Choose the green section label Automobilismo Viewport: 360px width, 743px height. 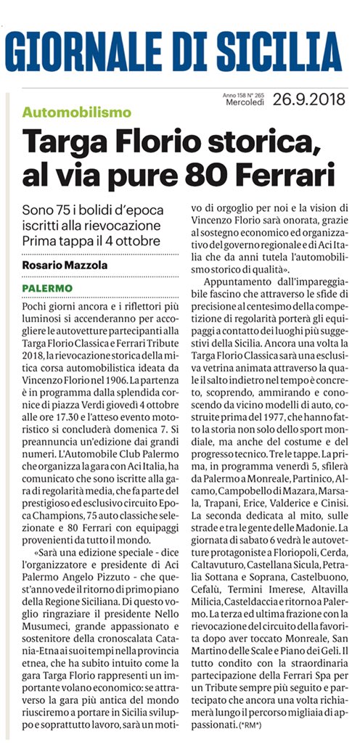point(77,112)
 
